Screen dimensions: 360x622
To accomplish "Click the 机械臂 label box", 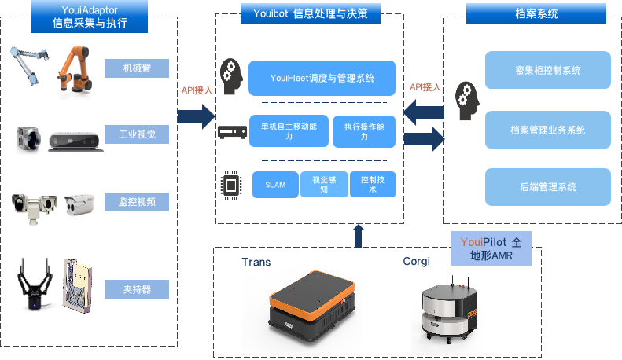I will pyautogui.click(x=137, y=68).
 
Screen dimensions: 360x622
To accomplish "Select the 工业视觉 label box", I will pyautogui.click(x=137, y=134).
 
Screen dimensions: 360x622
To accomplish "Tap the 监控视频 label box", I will pyautogui.click(x=137, y=202).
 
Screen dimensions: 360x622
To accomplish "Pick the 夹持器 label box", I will pyautogui.click(x=137, y=289).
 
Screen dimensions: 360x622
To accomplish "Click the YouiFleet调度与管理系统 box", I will pyautogui.click(x=322, y=78).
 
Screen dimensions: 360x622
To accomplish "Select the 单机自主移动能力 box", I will pyautogui.click(x=289, y=131).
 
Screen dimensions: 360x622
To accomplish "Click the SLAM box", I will pyautogui.click(x=275, y=185).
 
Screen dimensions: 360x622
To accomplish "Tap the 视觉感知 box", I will pyautogui.click(x=324, y=185).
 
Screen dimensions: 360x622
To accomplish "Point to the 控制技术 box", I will pyautogui.click(x=372, y=185).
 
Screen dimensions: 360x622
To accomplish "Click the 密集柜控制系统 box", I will pyautogui.click(x=548, y=70).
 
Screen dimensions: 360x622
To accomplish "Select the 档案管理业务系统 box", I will pyautogui.click(x=548, y=130).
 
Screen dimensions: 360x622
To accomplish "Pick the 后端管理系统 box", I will pyautogui.click(x=548, y=187).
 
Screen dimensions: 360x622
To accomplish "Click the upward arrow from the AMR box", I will pyautogui.click(x=359, y=235).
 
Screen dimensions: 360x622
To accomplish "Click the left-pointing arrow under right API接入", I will pyautogui.click(x=423, y=114).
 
